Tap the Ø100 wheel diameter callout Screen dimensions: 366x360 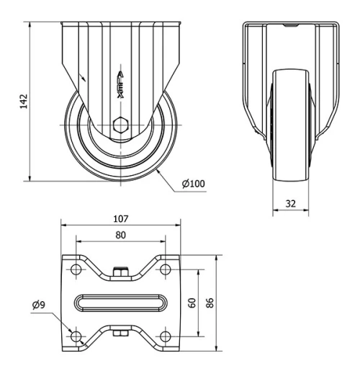click(194, 184)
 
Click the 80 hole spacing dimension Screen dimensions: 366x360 click(120, 234)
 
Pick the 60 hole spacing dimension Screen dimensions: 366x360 click(192, 303)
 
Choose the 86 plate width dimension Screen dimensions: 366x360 click(211, 303)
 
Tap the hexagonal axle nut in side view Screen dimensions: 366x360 click(120, 122)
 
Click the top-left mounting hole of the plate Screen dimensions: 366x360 click(76, 271)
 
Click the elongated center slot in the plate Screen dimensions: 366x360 click(120, 303)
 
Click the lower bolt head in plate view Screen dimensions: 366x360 click(120, 333)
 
